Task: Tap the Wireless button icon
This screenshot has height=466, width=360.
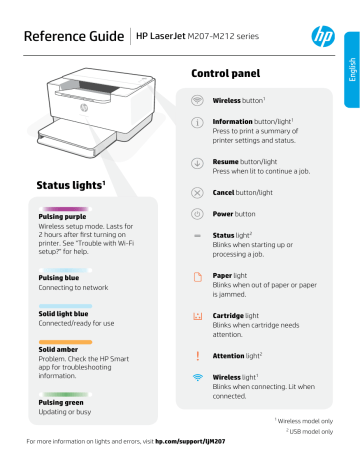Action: (x=196, y=101)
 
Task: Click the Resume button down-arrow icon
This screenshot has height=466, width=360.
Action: (x=196, y=164)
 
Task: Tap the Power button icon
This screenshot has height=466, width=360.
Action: (x=196, y=213)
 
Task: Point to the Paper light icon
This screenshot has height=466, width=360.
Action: (x=196, y=276)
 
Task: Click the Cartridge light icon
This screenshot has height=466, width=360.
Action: (x=196, y=315)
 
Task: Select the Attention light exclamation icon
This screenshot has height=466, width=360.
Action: (x=196, y=354)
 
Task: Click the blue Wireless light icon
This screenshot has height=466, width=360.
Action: (x=196, y=379)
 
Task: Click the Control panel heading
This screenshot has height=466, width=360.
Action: (x=226, y=73)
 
